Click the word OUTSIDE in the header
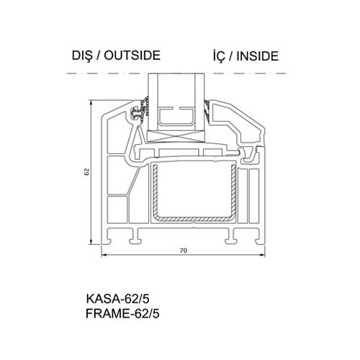pos(132,55)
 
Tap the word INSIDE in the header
pos(258,55)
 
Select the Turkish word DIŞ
pos(82,56)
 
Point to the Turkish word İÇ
pos(219,55)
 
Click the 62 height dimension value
pos(87,171)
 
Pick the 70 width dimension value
pos(183,251)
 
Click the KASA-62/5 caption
pos(117,299)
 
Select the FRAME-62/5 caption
pos(122,313)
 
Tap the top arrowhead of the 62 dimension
pos(91,104)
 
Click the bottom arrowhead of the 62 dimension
pos(91,241)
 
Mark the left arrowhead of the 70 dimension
pos(104,255)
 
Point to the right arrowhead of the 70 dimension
pos(261,255)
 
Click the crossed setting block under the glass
pos(176,137)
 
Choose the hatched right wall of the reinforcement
pos(233,189)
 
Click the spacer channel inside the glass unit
pos(176,116)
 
